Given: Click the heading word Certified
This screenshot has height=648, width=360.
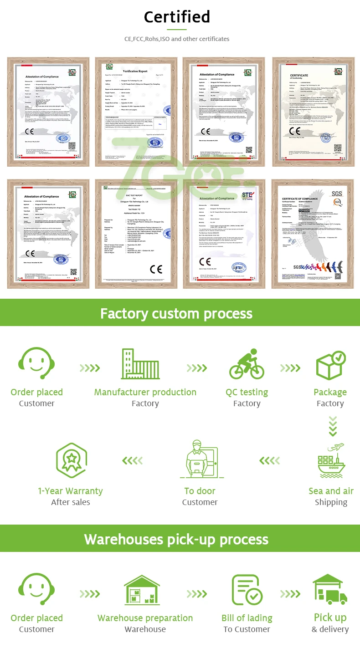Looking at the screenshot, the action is click(177, 17).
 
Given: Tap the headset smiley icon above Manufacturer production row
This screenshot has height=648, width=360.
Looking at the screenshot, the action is click(36, 364).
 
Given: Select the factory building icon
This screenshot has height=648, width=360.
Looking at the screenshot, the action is click(140, 364).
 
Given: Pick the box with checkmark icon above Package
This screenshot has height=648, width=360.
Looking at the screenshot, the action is click(331, 366).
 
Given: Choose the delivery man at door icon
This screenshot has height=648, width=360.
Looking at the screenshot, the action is click(200, 461).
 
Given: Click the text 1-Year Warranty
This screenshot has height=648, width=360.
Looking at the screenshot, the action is click(71, 491).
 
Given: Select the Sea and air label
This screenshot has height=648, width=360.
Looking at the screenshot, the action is click(331, 491).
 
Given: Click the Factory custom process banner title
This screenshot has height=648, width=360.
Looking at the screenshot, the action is click(176, 314).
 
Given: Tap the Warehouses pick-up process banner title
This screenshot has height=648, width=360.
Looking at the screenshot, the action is click(176, 540).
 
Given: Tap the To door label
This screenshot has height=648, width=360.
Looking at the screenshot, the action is click(200, 491).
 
